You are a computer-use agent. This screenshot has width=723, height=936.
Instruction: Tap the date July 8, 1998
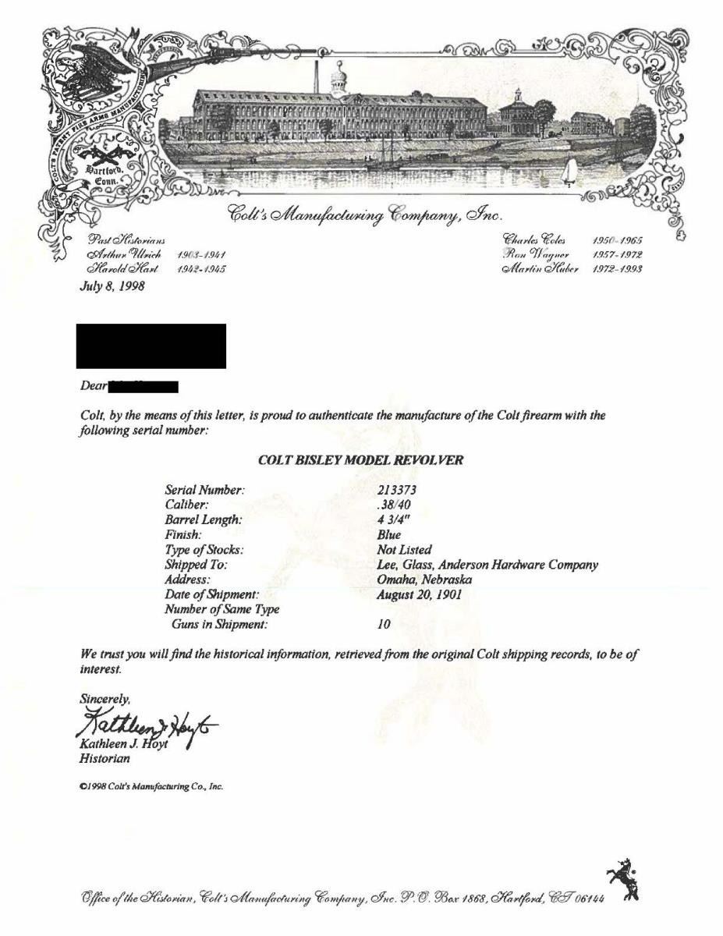112,285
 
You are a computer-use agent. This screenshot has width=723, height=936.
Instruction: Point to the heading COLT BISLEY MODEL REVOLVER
360,460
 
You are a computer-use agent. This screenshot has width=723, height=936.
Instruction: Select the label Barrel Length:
204,520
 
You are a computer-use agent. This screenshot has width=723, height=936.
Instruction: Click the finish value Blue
388,535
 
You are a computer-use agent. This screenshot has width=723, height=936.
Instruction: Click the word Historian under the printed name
105,757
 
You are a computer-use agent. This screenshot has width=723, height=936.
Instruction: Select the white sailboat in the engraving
570,172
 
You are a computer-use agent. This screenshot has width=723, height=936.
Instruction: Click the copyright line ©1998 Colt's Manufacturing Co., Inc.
152,787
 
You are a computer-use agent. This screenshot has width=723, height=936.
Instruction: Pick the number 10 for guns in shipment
383,625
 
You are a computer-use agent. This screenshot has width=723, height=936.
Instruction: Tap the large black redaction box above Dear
151,346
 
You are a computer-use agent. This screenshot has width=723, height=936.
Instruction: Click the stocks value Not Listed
404,550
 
